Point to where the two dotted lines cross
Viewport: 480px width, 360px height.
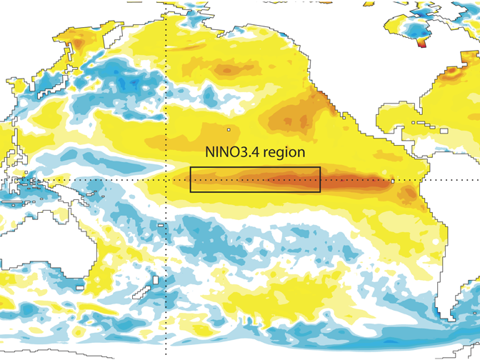166,179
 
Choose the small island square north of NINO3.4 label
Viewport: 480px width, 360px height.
229,129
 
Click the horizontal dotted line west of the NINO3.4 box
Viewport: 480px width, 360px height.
107,179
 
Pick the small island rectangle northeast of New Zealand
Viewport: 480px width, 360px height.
161,225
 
